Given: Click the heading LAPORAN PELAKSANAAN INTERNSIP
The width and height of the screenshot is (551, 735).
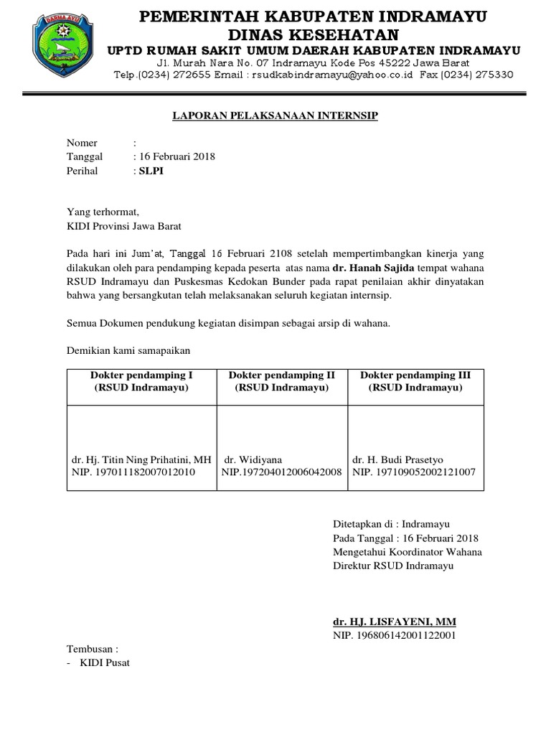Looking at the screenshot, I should point(275,116).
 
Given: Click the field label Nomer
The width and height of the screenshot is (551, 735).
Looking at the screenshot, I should point(82,143).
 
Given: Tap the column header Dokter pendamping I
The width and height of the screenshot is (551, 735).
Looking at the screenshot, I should point(141,375).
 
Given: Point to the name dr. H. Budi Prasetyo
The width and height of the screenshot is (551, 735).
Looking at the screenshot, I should point(392,459).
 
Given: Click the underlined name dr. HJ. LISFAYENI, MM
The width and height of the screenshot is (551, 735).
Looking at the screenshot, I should point(394,621).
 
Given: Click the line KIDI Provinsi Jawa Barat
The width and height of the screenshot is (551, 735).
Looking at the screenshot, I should point(124,226).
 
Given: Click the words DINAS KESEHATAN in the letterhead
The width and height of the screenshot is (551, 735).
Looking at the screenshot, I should point(312,34).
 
